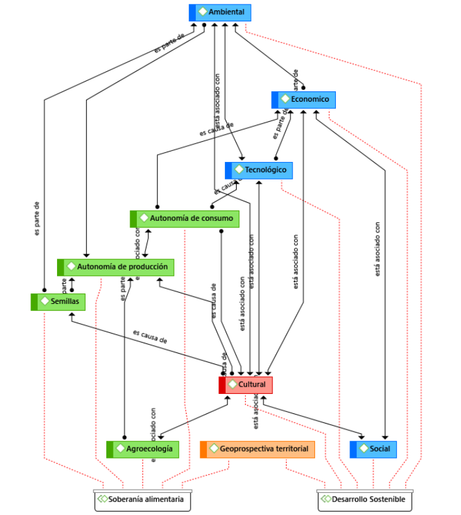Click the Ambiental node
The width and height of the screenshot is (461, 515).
pos(220,12)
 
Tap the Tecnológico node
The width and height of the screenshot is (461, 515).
pos(259,170)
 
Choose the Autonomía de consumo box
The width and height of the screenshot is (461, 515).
pos(185,219)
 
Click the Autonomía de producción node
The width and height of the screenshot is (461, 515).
pos(115,267)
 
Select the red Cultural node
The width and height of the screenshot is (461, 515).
pos(246,385)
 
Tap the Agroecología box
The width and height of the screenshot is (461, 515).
pos(143,449)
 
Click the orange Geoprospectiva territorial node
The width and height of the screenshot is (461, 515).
pos(257,449)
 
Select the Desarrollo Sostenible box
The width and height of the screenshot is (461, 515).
pos(365,500)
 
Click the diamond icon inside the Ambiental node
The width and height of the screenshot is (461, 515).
pos(203,12)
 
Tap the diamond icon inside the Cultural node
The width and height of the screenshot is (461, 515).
pos(233,385)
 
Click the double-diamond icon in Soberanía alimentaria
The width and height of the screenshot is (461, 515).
pos(102,499)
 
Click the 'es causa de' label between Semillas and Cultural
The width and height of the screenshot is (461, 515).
pos(150,336)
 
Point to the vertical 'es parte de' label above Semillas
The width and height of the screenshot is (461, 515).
pos(38,218)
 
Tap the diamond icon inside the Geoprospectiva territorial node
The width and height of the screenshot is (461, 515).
pos(214,449)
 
